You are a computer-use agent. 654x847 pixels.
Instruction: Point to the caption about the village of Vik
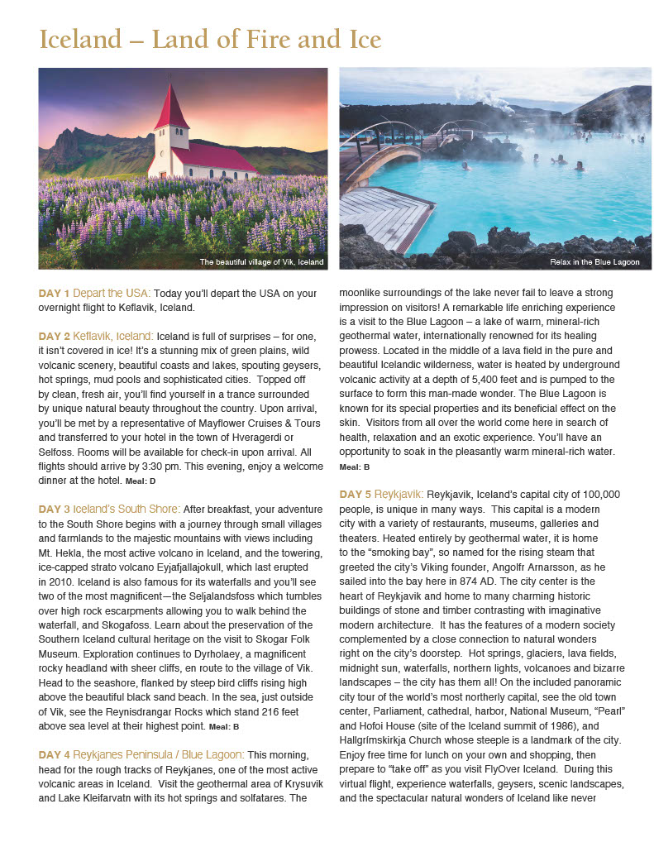click(x=261, y=262)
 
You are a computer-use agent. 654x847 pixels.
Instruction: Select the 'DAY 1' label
click(x=54, y=294)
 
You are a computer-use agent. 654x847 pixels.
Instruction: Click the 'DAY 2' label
click(x=54, y=336)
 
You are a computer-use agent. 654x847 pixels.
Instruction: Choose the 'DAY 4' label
click(x=54, y=754)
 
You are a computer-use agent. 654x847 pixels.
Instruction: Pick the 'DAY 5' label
click(x=355, y=495)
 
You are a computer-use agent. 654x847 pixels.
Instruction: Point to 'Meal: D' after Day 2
click(x=141, y=481)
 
